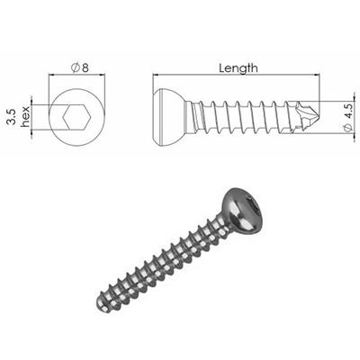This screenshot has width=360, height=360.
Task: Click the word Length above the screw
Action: coord(238,67)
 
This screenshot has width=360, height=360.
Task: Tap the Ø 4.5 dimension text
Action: coord(348,117)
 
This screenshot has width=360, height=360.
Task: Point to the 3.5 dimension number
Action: coord(10,116)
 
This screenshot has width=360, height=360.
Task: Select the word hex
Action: coord(27,116)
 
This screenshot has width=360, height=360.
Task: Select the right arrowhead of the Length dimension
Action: coord(320,76)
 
